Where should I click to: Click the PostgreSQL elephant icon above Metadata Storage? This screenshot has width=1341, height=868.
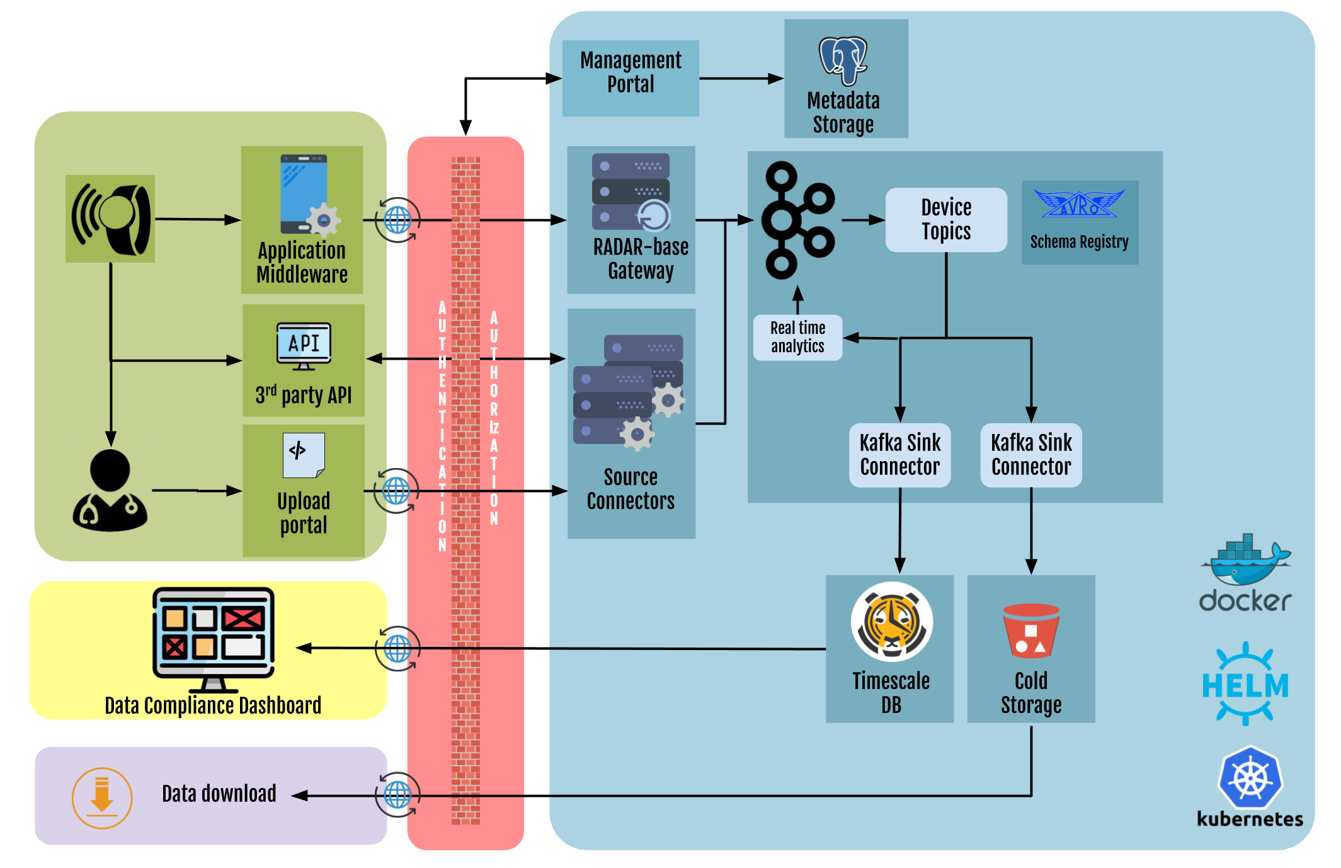[843, 60]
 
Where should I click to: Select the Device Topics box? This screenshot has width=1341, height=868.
[945, 219]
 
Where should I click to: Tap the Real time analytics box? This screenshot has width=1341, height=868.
[797, 337]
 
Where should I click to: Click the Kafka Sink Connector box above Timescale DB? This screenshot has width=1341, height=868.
[899, 455]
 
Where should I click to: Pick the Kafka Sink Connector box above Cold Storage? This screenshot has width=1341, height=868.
[1030, 455]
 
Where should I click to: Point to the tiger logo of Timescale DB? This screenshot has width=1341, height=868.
[891, 622]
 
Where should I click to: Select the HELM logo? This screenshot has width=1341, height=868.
[1245, 684]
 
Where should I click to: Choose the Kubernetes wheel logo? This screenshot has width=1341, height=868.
[1250, 777]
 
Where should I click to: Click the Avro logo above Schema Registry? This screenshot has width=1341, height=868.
[1078, 204]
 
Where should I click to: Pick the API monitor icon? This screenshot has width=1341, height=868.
[304, 346]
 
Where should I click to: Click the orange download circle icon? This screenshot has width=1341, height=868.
[102, 797]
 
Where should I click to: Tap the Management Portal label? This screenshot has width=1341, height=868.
[631, 72]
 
